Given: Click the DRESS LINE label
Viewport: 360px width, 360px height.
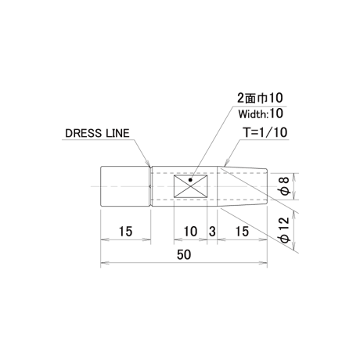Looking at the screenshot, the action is point(97,133).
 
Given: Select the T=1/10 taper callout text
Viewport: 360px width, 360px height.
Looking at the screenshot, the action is point(265,132).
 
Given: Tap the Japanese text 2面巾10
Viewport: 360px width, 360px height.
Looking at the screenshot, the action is point(260,98).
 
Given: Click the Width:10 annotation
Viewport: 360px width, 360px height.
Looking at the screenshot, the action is point(261,113).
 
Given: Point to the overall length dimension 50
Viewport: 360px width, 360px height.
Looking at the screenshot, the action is point(184,254).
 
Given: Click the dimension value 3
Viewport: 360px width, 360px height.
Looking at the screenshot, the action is point(212,232).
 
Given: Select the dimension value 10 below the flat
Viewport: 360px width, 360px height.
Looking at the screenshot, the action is point(190,232).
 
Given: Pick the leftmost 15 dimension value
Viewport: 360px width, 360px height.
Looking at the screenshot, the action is point(125,232).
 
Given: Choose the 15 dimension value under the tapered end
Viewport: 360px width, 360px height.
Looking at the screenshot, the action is point(242,232).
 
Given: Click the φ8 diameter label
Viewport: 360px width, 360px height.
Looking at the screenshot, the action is point(284,186).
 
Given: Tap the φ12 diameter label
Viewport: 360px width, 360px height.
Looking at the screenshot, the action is point(284,229).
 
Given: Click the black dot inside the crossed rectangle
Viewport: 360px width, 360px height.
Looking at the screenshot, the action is point(190,180).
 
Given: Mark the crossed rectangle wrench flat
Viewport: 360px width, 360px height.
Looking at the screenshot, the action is point(191,186).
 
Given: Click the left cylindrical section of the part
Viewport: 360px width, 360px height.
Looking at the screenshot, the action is point(125,186).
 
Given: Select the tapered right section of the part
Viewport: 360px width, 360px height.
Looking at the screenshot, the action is point(242,186).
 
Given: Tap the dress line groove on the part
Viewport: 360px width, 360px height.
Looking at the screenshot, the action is point(151,186).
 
